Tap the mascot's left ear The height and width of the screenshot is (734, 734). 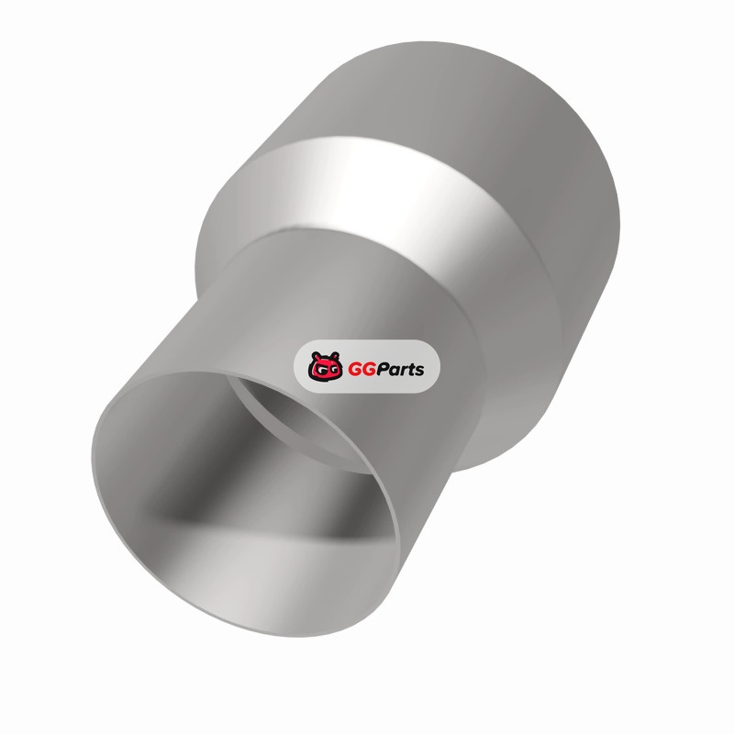pos(316,356)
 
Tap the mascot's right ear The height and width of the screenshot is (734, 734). pos(335,355)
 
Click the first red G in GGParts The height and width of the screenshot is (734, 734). pos(355,370)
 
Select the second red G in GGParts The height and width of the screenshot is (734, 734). pos(370,370)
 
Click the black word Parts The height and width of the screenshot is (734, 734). pos(401,370)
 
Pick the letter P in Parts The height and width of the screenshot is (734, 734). pos(384,370)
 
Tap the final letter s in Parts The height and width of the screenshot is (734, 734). pos(419,372)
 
